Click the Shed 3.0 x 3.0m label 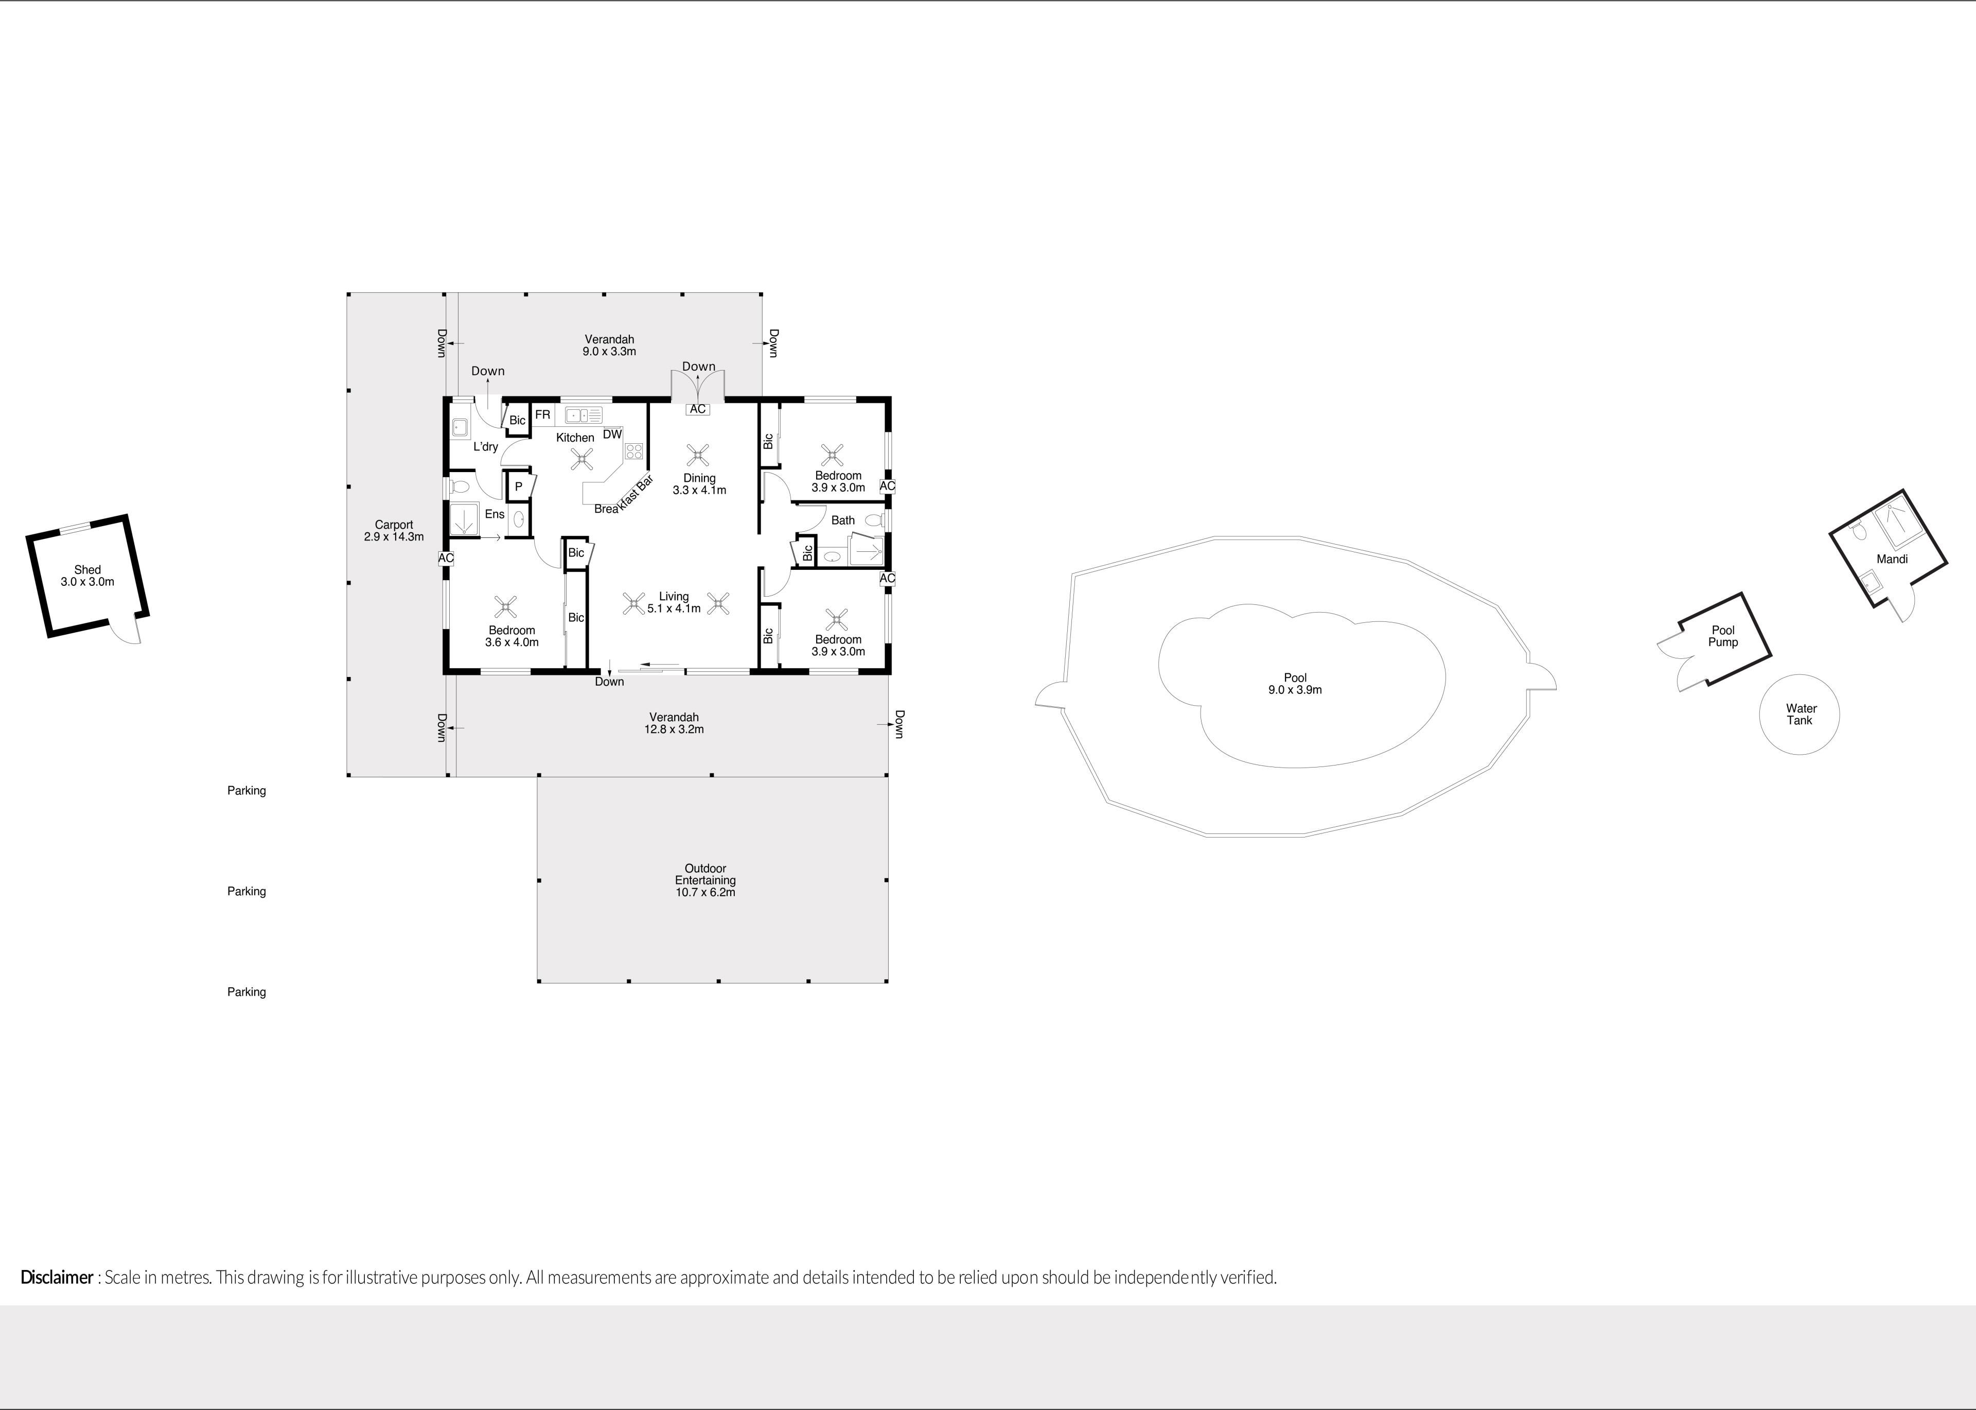(x=87, y=576)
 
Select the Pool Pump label (x=1723, y=636)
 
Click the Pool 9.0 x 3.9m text (x=1295, y=683)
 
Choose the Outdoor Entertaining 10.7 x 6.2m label (x=704, y=880)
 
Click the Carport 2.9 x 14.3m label (x=394, y=530)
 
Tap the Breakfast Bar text (x=624, y=495)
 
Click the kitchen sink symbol (x=583, y=415)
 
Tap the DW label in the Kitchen (x=612, y=434)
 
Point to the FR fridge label (x=542, y=415)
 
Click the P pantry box (x=518, y=487)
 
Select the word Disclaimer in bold (x=57, y=1277)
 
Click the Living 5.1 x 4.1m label (x=674, y=602)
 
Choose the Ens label (x=495, y=514)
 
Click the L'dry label (x=486, y=447)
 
